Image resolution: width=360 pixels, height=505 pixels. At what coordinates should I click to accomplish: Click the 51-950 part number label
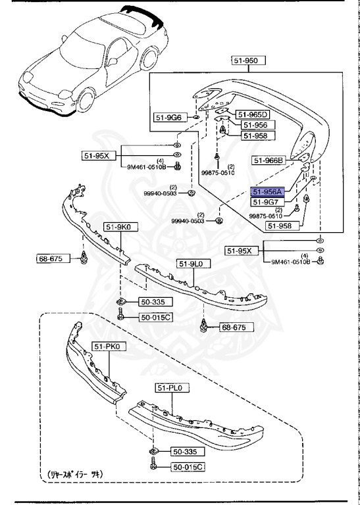point(248,60)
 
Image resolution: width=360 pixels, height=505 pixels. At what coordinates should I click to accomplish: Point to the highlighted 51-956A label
point(267,191)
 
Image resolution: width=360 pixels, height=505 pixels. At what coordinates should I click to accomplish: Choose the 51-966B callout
point(268,159)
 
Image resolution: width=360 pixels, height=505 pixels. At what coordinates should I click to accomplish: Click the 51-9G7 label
point(267,202)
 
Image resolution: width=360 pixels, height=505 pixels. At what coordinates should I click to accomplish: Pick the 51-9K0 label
point(116,228)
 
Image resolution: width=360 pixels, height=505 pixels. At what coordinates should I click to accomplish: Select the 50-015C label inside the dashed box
point(187,467)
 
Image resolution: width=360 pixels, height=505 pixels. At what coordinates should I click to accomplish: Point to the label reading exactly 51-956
point(253,125)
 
